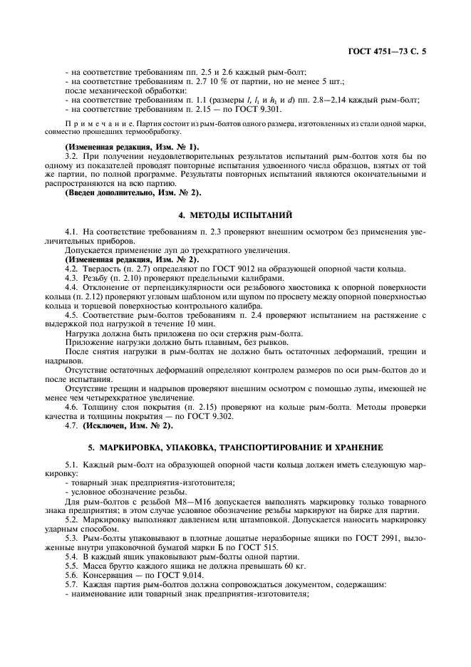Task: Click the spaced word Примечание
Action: [96, 124]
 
